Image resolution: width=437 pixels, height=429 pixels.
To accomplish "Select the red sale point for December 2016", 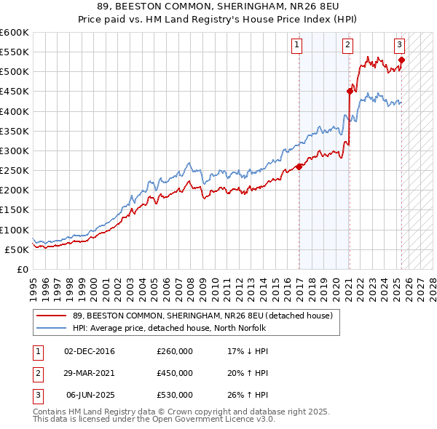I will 299,167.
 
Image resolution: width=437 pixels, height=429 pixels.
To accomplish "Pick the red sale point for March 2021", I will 350,91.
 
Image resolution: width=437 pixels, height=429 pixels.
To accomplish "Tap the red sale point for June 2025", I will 401,60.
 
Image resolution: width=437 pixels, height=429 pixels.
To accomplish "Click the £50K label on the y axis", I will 17,249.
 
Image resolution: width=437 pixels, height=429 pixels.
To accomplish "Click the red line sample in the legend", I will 51,316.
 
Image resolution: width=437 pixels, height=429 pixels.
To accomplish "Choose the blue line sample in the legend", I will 51,327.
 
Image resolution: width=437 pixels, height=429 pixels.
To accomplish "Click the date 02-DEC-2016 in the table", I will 90,351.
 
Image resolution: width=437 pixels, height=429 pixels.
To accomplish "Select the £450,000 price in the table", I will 175,373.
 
